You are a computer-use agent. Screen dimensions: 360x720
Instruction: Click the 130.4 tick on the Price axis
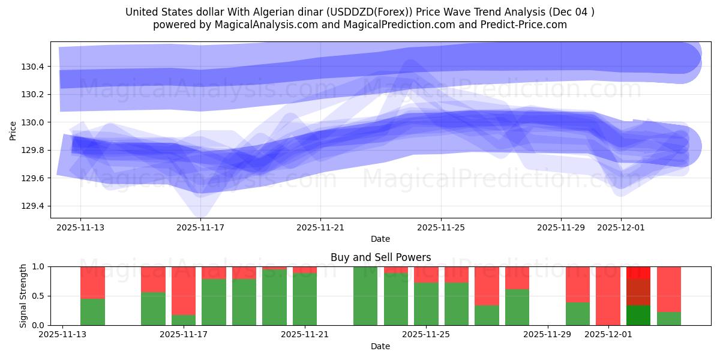(x=28, y=67)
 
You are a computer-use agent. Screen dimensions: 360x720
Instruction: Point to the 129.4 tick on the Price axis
(x=28, y=206)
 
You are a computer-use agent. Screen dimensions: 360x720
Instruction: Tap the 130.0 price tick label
(x=28, y=122)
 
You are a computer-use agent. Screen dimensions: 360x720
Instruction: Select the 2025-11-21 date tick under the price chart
(x=320, y=227)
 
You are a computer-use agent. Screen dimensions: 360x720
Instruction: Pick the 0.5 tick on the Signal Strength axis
(x=37, y=296)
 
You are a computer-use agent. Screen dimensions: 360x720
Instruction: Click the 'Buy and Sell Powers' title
(x=380, y=257)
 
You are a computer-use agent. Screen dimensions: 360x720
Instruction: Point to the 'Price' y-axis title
(x=13, y=130)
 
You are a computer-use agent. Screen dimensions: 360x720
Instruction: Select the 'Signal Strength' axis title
(x=23, y=296)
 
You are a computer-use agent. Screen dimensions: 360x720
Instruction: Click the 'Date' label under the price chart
(x=380, y=239)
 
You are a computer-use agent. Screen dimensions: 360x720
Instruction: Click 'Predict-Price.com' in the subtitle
(x=521, y=25)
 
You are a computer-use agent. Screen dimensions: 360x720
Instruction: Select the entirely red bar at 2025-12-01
(x=608, y=296)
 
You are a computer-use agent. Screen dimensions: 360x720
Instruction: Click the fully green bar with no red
(x=365, y=296)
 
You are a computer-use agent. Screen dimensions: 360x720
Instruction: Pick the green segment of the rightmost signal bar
(x=669, y=319)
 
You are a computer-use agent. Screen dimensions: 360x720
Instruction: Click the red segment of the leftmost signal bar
(x=92, y=282)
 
